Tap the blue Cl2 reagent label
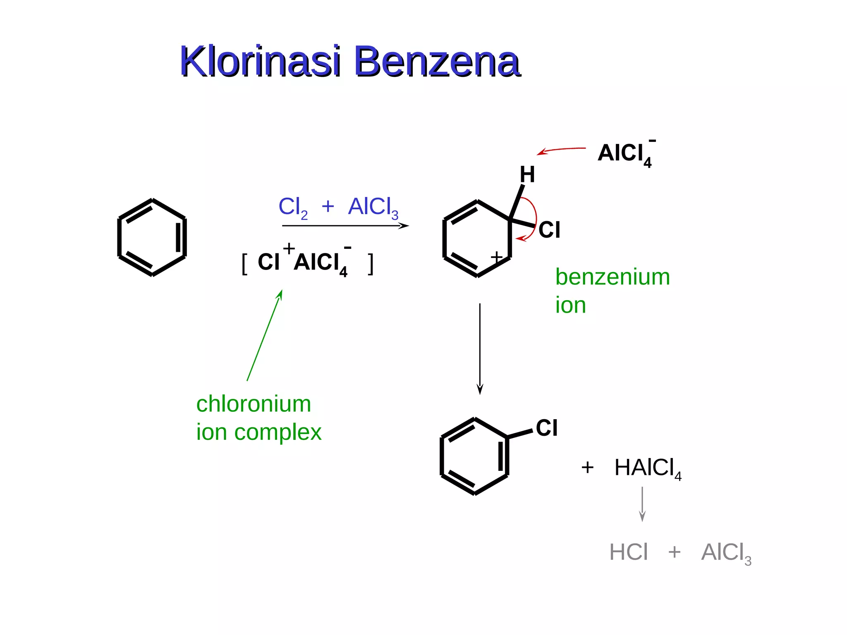coord(293,208)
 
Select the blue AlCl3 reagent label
coord(373,208)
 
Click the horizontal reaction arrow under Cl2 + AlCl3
coord(345,226)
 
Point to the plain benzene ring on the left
coord(152,237)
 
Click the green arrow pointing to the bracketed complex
coord(265,335)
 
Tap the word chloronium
coord(254,404)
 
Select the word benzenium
coord(613,277)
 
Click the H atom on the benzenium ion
coord(527,174)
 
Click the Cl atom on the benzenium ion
coord(549,230)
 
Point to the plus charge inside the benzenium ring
coord(497,257)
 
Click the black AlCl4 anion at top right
coord(626,153)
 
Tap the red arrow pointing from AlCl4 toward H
coord(561,150)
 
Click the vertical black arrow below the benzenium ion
coord(480,349)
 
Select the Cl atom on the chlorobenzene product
coord(547,428)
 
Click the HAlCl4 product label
coord(648,468)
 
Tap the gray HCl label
coord(629,552)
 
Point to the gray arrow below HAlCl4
coord(642,504)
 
